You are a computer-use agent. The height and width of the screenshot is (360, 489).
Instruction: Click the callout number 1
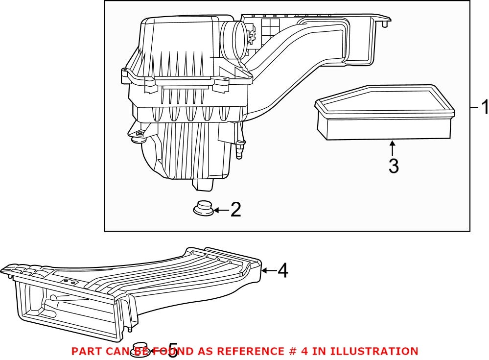[x=484, y=107]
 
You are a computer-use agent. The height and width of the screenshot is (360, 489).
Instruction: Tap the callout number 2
[x=235, y=210]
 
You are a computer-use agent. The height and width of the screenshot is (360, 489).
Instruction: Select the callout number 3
[x=393, y=166]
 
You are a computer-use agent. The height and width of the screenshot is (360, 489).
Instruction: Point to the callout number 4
[x=282, y=270]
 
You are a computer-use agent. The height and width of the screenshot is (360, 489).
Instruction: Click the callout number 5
[x=172, y=350]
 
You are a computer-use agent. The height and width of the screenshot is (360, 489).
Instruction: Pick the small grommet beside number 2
[x=203, y=208]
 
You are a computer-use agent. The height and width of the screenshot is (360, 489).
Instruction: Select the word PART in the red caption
[x=85, y=351]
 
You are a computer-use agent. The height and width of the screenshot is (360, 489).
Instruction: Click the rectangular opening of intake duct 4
[x=69, y=313]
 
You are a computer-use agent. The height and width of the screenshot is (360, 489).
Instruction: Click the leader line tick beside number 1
[x=474, y=107]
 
